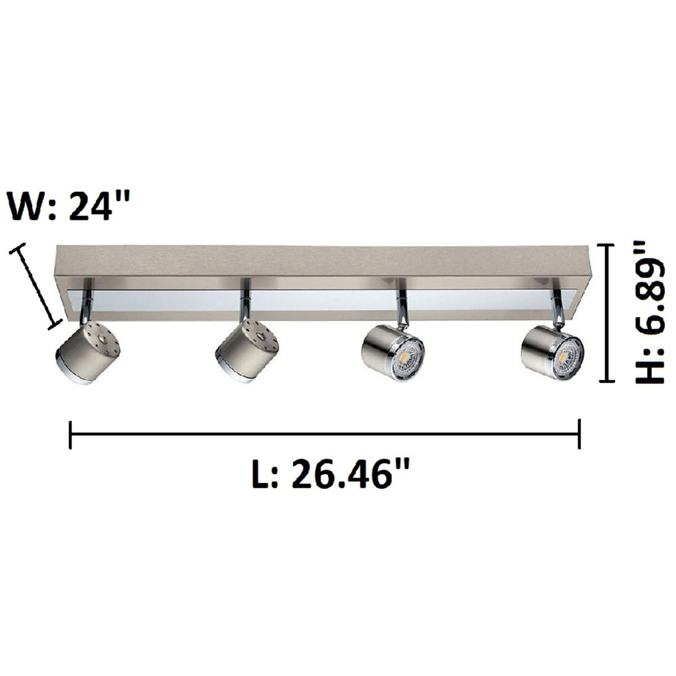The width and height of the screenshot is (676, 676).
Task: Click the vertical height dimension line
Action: tap(606, 313)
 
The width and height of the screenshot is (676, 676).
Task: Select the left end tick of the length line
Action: tap(70, 434)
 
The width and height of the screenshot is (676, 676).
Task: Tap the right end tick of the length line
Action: tap(580, 434)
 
